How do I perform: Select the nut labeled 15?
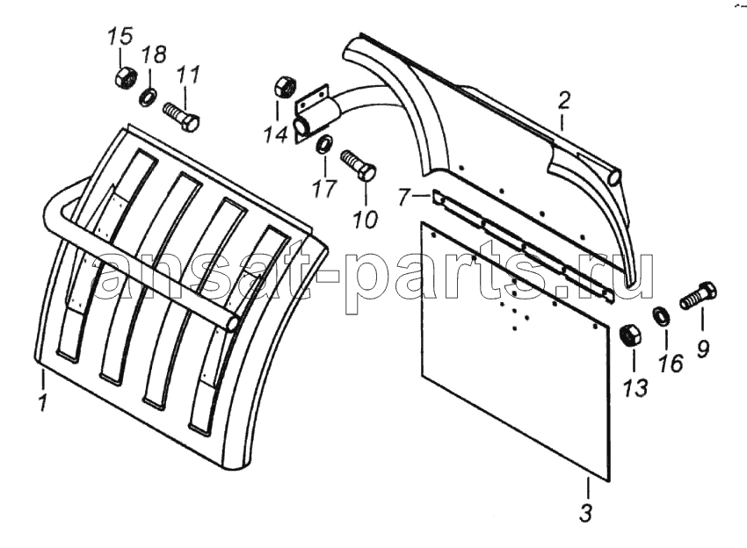pyautogui.click(x=126, y=76)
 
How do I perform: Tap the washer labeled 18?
pyautogui.click(x=149, y=97)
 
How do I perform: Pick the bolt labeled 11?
pyautogui.click(x=181, y=117)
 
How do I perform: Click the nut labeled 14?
pyautogui.click(x=286, y=86)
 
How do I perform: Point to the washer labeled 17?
pyautogui.click(x=325, y=144)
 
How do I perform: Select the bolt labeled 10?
pyautogui.click(x=359, y=166)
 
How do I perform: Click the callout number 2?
pyautogui.click(x=563, y=101)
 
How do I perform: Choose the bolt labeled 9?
pyautogui.click(x=699, y=296)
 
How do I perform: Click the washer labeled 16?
pyautogui.click(x=662, y=315)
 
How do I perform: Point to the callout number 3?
pyautogui.click(x=586, y=513)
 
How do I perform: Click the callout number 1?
pyautogui.click(x=43, y=403)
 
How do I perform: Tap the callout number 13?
pyautogui.click(x=635, y=387)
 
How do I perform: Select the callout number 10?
pyautogui.click(x=365, y=219)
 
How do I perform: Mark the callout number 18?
pyautogui.click(x=155, y=54)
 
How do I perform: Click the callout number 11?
pyautogui.click(x=188, y=75)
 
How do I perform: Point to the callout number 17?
pyautogui.click(x=325, y=189)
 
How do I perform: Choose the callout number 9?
pyautogui.click(x=703, y=349)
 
